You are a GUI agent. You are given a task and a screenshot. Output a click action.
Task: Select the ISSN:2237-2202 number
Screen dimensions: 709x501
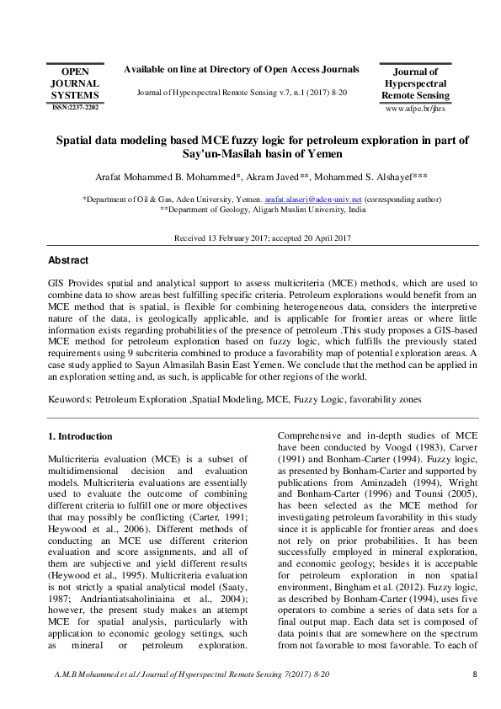(x=74, y=108)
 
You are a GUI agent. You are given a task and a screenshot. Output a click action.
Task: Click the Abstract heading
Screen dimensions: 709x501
(x=68, y=261)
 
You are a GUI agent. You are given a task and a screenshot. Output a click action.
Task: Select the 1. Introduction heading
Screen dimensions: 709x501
(x=80, y=436)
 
